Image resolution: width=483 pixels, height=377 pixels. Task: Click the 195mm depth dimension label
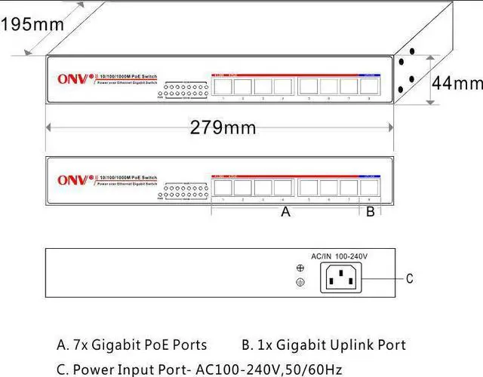32,25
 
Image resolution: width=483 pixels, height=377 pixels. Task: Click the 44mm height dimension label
457,82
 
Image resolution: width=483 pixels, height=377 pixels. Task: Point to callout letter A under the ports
285,213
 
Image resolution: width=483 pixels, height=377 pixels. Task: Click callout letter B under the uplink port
370,213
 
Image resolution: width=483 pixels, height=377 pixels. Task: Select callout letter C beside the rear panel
410,279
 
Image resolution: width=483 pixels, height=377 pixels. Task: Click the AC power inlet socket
342,279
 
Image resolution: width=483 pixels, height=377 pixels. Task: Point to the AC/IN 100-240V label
340,256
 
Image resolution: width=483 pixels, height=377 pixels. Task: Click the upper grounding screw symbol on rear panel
300,268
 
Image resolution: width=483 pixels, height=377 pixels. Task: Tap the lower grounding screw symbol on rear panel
300,282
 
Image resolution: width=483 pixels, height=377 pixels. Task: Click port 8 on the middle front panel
370,188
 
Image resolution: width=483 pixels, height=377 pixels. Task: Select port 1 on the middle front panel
221,188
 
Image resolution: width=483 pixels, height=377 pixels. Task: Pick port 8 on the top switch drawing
370,87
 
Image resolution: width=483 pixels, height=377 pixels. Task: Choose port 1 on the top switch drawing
223,87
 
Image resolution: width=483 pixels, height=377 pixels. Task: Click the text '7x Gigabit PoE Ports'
131,345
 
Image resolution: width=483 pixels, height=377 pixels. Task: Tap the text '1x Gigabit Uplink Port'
324,345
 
